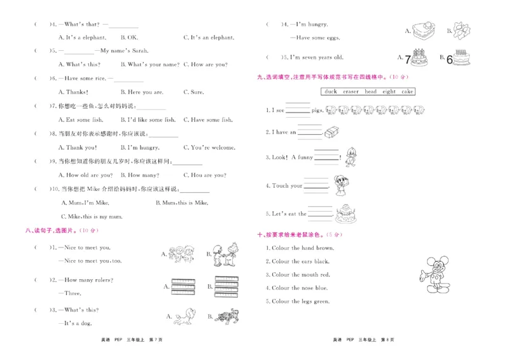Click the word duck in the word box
click(330, 92)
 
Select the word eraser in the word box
click(350, 92)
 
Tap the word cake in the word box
click(407, 92)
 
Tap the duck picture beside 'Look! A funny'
click(349, 156)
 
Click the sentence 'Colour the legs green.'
click(298, 301)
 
